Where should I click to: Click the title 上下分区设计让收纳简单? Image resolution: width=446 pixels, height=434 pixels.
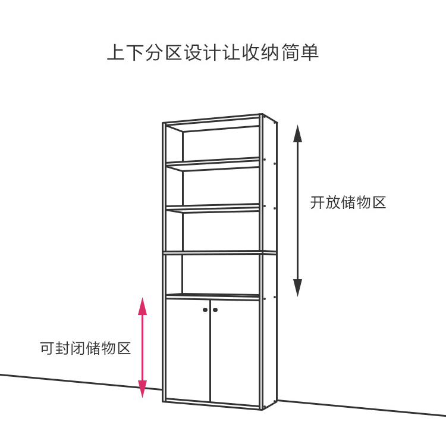tap(213, 52)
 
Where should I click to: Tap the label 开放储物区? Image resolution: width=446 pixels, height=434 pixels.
tap(348, 202)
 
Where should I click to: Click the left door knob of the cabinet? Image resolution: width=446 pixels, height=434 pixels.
tap(205, 310)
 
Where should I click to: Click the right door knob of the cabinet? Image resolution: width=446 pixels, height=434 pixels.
tap(215, 310)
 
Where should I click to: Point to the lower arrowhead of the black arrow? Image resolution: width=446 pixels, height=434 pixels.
tap(298, 288)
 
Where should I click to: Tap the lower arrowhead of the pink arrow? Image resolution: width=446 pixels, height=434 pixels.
tap(142, 389)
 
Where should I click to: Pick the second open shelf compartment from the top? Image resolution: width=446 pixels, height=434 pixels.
tap(220, 188)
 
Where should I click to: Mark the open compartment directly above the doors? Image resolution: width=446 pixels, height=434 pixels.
tap(220, 274)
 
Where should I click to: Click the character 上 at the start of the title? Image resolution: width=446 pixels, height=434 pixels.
tap(114, 52)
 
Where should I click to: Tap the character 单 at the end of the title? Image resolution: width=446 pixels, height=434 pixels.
tap(311, 52)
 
